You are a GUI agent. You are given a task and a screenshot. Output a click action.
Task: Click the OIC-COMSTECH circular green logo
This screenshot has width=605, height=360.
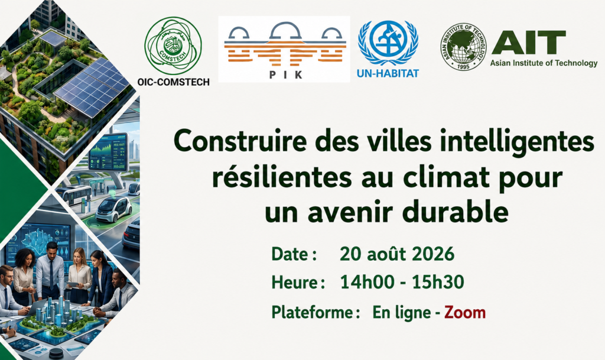173,46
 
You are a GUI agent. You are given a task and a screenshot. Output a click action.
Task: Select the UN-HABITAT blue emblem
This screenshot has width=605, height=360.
388,43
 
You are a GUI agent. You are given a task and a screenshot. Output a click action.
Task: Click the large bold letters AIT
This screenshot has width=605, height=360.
529,43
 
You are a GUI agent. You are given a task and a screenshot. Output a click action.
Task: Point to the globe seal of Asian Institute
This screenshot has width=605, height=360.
463,46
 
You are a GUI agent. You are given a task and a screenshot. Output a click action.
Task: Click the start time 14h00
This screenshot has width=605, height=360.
366,283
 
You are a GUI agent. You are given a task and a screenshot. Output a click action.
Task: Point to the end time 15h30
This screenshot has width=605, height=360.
438,283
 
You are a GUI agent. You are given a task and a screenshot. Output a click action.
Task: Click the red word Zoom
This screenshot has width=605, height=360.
465,312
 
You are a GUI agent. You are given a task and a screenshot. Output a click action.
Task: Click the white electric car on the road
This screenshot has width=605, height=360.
113,209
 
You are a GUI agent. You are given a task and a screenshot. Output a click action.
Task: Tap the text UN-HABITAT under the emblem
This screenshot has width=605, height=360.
388,73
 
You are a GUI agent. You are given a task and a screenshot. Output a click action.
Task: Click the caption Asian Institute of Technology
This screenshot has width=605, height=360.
544,63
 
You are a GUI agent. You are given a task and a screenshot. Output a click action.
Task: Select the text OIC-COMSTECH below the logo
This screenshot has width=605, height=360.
173,82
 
